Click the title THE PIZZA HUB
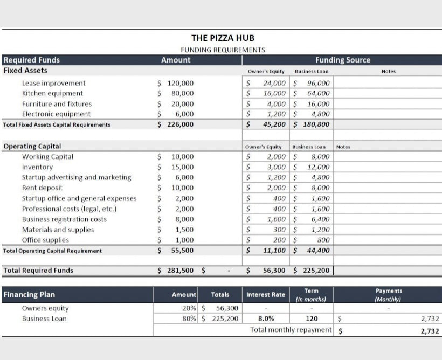point(223,38)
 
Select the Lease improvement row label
point(53,83)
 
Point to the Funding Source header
point(343,60)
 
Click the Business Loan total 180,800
point(314,124)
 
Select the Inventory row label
point(37,167)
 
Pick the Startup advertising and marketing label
point(76,177)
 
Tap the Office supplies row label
point(45,240)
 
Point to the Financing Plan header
point(29,295)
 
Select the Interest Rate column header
point(266,295)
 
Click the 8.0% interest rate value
point(265,319)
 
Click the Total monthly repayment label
point(291,330)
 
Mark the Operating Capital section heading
point(32,146)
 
